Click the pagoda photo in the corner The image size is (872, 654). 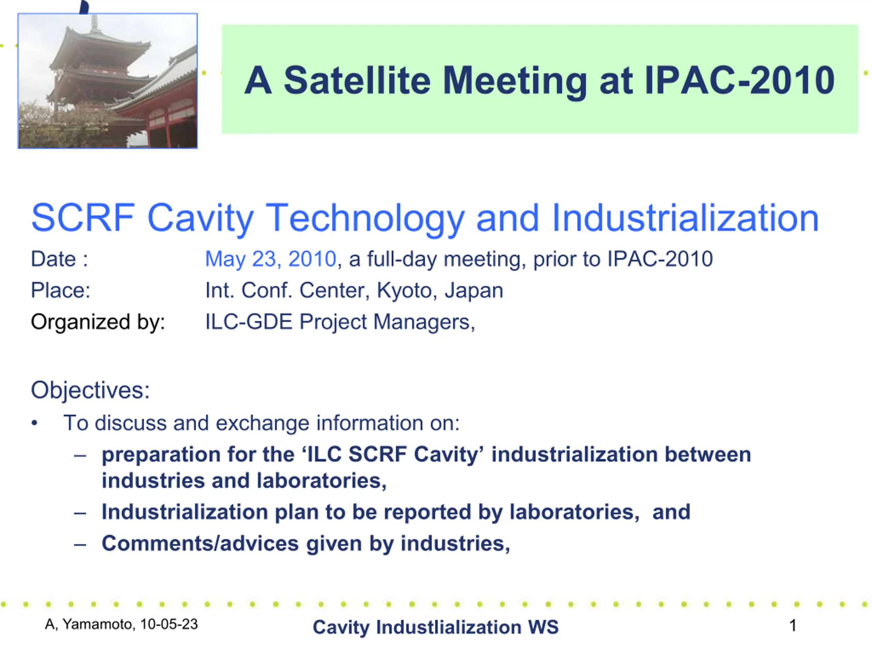tap(108, 81)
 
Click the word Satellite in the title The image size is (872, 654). tap(357, 80)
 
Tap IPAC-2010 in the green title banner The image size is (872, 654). tap(739, 80)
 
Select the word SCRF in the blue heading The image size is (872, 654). tap(83, 218)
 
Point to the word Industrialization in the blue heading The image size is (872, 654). tap(685, 218)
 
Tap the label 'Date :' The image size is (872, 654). tap(60, 259)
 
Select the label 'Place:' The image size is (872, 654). tap(61, 291)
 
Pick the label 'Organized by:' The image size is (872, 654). tap(98, 322)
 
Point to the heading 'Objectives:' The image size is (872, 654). tap(90, 390)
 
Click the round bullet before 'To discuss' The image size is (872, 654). tap(35, 423)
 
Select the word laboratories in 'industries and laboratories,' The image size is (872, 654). tap(322, 481)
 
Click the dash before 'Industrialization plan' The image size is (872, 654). tap(80, 513)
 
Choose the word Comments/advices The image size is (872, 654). tap(200, 544)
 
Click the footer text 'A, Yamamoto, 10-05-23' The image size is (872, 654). tap(121, 624)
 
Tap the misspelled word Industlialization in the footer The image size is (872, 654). tap(449, 627)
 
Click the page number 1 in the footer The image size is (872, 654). tap(793, 625)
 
